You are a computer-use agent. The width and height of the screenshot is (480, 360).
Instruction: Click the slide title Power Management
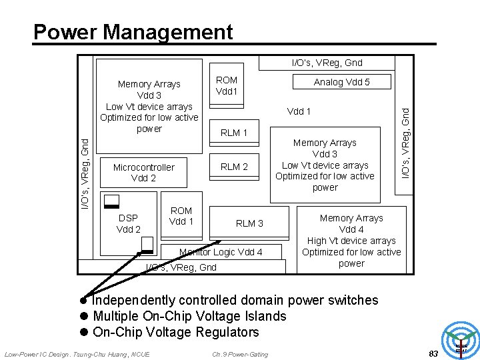click(x=133, y=32)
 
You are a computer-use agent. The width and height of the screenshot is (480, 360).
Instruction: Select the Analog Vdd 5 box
click(x=341, y=82)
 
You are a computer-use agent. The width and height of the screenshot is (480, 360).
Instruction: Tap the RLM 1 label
click(x=234, y=133)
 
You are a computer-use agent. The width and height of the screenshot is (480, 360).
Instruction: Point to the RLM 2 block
click(x=234, y=167)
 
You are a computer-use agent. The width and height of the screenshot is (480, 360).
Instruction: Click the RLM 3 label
click(x=249, y=223)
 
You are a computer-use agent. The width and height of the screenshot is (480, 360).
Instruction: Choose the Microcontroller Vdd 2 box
click(x=143, y=173)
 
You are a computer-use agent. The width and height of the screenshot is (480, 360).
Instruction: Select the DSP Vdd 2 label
click(x=128, y=224)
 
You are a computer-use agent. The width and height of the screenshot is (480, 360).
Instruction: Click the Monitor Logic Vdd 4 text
click(x=221, y=252)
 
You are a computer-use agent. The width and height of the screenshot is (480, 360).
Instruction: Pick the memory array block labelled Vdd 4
click(x=351, y=240)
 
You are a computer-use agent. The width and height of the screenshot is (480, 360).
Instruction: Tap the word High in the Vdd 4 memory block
click(x=318, y=241)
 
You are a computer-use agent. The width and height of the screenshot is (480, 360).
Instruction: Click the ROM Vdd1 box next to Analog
click(x=226, y=85)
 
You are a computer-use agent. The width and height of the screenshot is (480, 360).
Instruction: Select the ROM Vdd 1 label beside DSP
click(x=181, y=216)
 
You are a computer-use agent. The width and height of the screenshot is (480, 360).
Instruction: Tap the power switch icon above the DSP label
click(x=111, y=201)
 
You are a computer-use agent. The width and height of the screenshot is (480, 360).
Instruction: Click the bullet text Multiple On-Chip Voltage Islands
click(x=189, y=316)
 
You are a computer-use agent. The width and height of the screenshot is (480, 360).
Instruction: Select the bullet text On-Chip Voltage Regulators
click(x=175, y=332)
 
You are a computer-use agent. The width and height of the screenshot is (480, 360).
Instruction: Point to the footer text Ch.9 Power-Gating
click(x=240, y=354)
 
